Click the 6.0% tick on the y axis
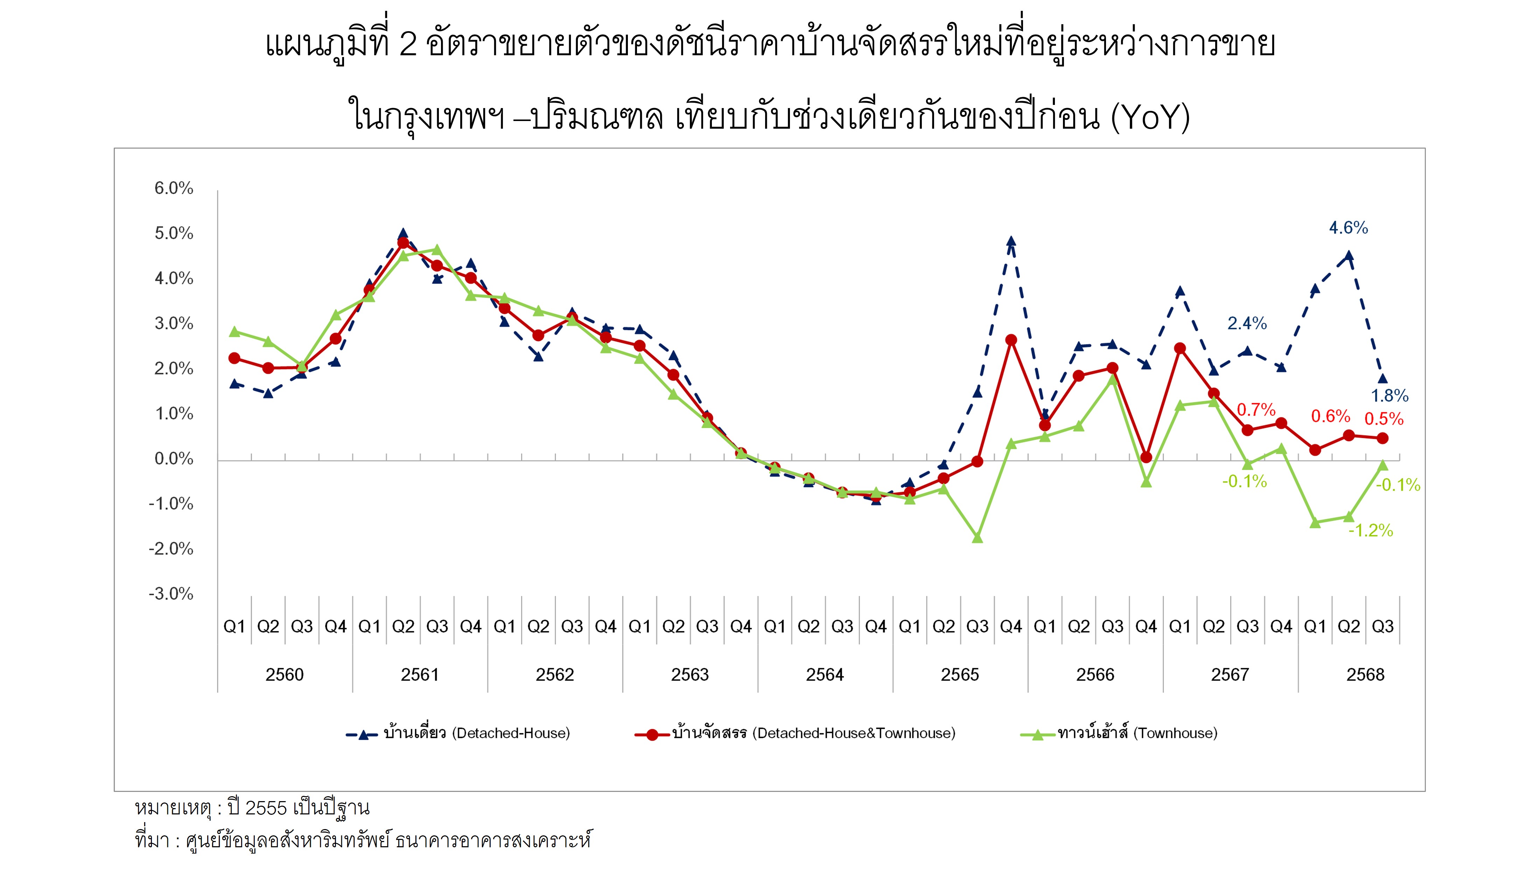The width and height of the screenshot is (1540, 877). [174, 188]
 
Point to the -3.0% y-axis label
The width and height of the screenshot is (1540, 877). [171, 594]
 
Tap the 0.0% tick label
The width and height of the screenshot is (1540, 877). [174, 459]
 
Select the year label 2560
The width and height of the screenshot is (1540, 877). [285, 675]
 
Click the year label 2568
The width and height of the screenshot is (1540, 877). [1365, 675]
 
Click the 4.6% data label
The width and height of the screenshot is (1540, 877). [1348, 228]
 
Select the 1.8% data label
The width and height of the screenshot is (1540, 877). [1390, 396]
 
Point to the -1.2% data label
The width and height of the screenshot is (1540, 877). [1371, 531]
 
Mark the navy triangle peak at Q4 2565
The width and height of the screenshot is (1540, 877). [1011, 242]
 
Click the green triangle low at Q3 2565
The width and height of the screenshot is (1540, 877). [978, 537]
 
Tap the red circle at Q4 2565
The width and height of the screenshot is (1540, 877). [1011, 340]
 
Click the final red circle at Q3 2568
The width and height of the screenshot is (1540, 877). [1383, 438]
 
